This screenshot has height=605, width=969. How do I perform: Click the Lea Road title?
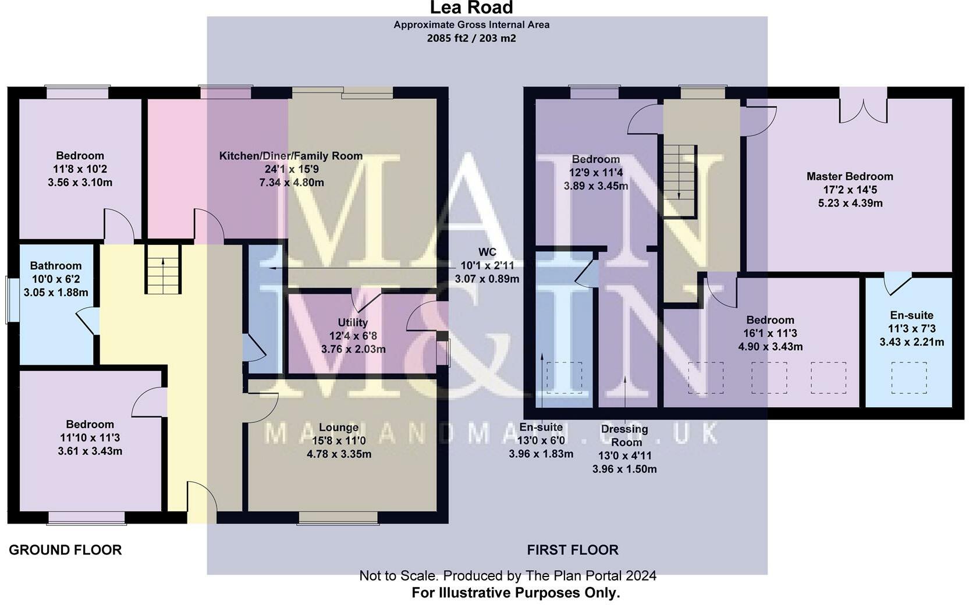coord(471,8)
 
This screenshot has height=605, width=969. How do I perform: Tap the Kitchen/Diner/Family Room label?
coord(290,156)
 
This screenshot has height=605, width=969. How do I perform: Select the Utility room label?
coord(353,323)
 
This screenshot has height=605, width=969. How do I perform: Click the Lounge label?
coord(339,428)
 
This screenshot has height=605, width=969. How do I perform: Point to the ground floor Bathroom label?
coord(56,266)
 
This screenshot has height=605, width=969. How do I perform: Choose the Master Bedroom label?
coord(850,176)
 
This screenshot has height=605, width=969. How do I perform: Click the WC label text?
coord(487,252)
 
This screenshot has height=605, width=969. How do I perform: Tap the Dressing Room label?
coord(624,435)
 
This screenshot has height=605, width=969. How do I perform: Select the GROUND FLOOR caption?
coord(65,550)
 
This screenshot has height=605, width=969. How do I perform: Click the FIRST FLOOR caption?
coord(573,550)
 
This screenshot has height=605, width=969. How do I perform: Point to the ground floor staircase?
coord(163,269)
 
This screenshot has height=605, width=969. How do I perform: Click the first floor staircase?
coord(680,180)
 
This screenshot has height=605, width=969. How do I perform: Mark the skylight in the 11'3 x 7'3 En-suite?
coord(909,378)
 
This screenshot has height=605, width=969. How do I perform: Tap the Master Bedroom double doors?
coord(863,106)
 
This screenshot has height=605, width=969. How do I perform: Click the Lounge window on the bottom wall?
coord(338,518)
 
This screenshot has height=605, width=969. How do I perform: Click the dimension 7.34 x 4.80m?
coord(292,183)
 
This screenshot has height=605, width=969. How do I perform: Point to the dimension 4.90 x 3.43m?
coord(771,347)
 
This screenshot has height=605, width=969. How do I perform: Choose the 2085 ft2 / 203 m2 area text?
coord(471,38)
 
